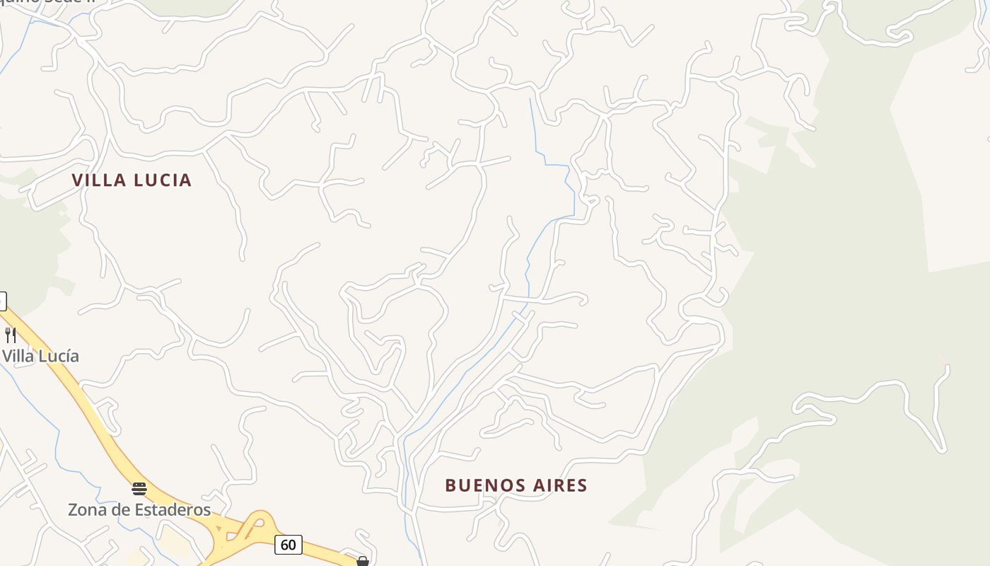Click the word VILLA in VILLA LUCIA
(100, 180)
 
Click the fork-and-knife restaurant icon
(10, 335)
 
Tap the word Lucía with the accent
(59, 356)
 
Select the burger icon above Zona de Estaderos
(139, 488)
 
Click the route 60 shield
(289, 545)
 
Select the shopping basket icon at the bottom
(363, 561)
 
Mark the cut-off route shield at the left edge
(2, 301)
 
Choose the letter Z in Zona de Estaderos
(73, 509)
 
